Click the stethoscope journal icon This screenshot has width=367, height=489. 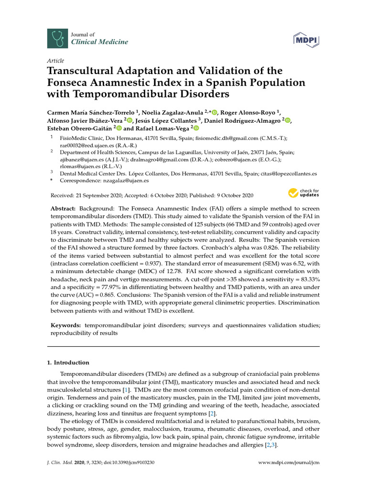(55, 38)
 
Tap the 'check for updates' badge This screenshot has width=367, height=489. (303, 193)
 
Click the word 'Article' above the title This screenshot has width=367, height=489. (55, 61)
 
